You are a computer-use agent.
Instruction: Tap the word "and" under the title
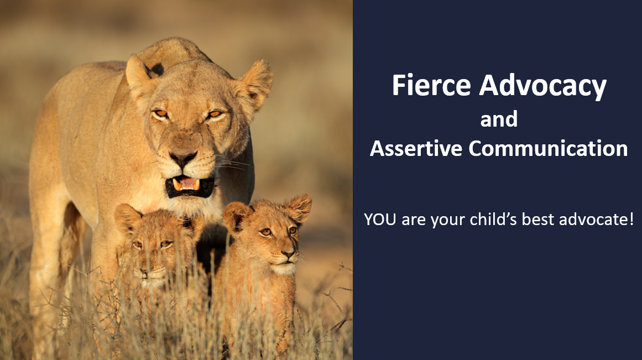(499, 119)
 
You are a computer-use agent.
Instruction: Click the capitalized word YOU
(380, 220)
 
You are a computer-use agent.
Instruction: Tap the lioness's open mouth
(189, 186)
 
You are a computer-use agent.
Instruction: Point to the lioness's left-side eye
(160, 113)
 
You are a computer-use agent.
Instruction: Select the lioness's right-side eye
(215, 114)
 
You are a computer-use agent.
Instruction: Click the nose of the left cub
(145, 270)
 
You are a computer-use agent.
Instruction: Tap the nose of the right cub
(288, 255)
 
